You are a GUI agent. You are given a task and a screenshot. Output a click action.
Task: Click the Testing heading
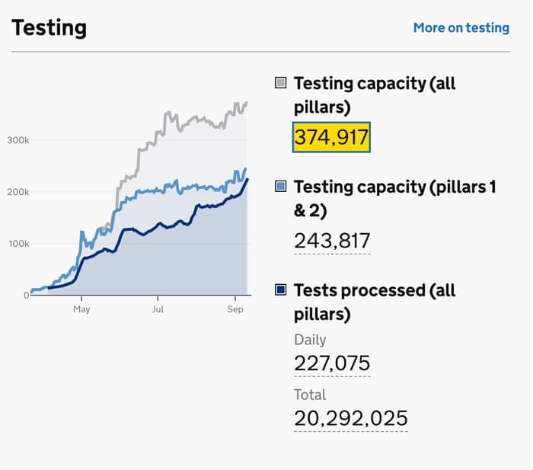click(x=49, y=27)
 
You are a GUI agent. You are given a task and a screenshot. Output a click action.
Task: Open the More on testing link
click(x=461, y=27)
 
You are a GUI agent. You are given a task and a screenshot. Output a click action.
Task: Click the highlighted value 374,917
click(x=331, y=138)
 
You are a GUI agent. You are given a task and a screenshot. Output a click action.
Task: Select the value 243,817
click(x=332, y=241)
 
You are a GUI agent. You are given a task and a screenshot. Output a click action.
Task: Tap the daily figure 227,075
click(x=332, y=363)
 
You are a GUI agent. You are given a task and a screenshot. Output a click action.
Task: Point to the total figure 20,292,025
click(x=350, y=418)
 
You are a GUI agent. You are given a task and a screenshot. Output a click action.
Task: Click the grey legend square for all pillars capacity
click(x=280, y=83)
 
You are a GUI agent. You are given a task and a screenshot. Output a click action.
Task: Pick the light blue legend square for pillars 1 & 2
click(x=280, y=187)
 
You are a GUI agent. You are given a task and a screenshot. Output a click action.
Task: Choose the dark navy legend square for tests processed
click(x=280, y=290)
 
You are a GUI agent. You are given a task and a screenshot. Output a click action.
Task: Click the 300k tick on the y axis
click(x=18, y=140)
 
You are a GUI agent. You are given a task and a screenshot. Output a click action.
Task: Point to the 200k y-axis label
click(x=18, y=192)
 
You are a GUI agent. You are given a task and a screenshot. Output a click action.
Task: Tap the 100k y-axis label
click(x=18, y=244)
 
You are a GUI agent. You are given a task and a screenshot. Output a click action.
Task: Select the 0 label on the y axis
click(x=26, y=295)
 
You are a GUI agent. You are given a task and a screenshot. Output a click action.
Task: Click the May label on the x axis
click(x=81, y=309)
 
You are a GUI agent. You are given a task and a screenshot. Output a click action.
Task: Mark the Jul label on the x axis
click(x=158, y=309)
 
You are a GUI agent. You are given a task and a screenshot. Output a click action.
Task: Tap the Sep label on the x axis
click(x=235, y=309)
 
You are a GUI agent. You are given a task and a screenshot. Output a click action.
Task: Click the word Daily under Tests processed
click(x=310, y=340)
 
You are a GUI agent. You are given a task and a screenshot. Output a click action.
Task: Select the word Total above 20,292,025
click(x=310, y=395)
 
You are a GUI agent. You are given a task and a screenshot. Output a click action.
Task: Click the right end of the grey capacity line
click(x=246, y=102)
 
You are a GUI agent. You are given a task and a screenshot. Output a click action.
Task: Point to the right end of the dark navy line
click(x=247, y=179)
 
